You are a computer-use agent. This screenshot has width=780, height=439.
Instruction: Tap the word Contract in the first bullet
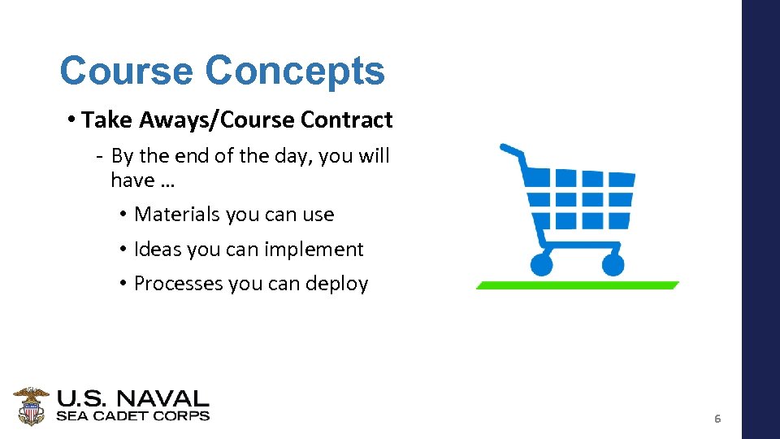[x=346, y=120]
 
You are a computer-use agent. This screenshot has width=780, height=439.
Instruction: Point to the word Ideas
[x=158, y=250]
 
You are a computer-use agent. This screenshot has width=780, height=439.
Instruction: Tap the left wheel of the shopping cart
[x=541, y=264]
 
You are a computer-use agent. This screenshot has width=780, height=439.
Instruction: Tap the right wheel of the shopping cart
[x=613, y=264]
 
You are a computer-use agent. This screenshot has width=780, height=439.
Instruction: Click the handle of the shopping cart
[x=513, y=150]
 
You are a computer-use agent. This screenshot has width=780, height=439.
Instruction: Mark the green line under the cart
[x=577, y=285]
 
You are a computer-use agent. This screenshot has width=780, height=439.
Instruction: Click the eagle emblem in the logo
[x=31, y=406]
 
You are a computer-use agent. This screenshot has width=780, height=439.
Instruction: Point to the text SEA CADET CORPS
[x=132, y=416]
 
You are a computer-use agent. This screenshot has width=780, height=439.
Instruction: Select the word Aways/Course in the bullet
[x=216, y=120]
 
